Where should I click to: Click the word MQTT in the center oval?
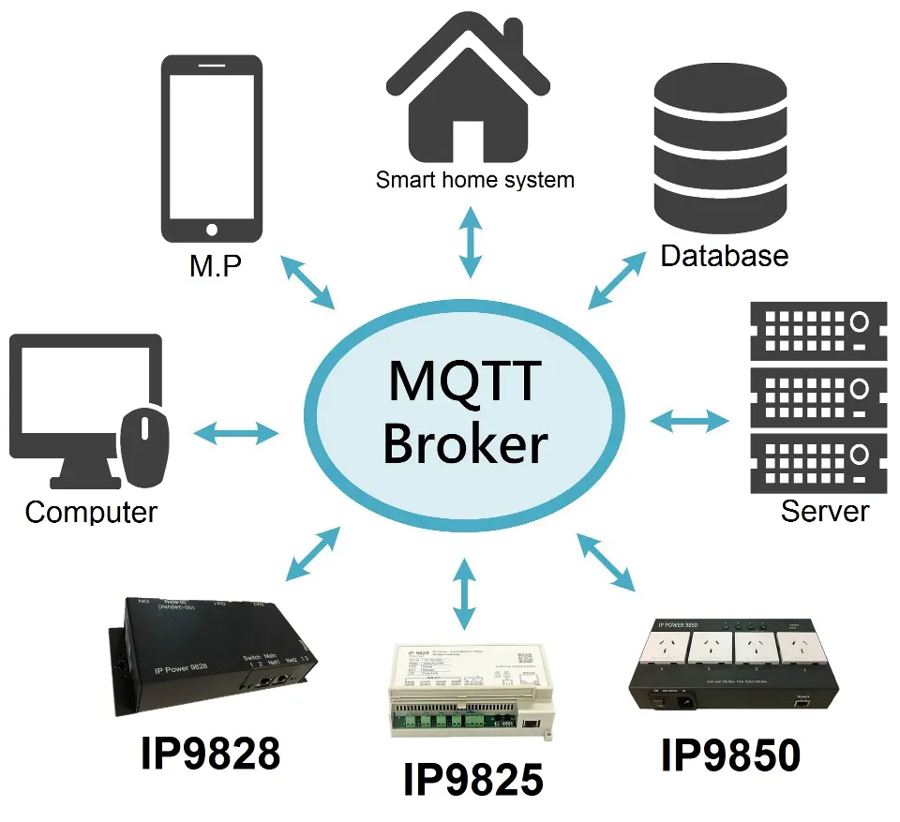pyautogui.click(x=464, y=381)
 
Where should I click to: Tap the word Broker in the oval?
pyautogui.click(x=464, y=443)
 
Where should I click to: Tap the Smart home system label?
pyautogui.click(x=474, y=179)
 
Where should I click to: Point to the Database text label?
pyautogui.click(x=724, y=255)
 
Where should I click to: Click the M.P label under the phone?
pyautogui.click(x=215, y=266)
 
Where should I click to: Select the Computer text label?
pyautogui.click(x=91, y=512)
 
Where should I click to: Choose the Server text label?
pyautogui.click(x=825, y=511)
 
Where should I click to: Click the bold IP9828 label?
pyautogui.click(x=210, y=753)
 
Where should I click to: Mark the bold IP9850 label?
pyautogui.click(x=730, y=755)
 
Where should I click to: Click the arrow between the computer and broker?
pyautogui.click(x=235, y=432)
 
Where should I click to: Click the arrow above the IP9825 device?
pyautogui.click(x=463, y=592)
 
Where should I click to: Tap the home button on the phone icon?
pyautogui.click(x=211, y=229)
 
